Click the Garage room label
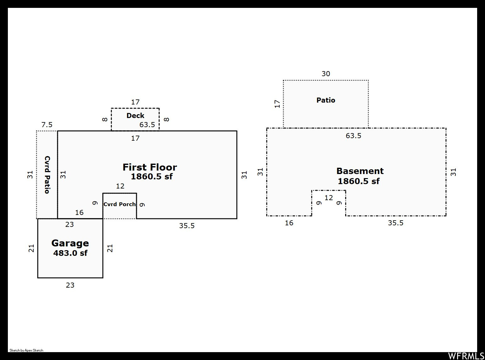70,243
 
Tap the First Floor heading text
150,167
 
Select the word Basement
360,171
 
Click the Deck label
135,115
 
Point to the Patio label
326,100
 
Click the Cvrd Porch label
120,204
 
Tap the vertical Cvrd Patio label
47,175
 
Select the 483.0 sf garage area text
70,253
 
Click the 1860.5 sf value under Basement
359,181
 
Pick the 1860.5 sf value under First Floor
152,177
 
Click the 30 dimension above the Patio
326,74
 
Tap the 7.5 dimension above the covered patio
47,125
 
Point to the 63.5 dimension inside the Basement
353,136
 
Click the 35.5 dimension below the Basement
396,223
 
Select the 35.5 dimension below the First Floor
187,226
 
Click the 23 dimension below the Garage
70,285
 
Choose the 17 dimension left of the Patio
277,104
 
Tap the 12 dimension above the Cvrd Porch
120,186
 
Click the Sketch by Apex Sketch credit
26,350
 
